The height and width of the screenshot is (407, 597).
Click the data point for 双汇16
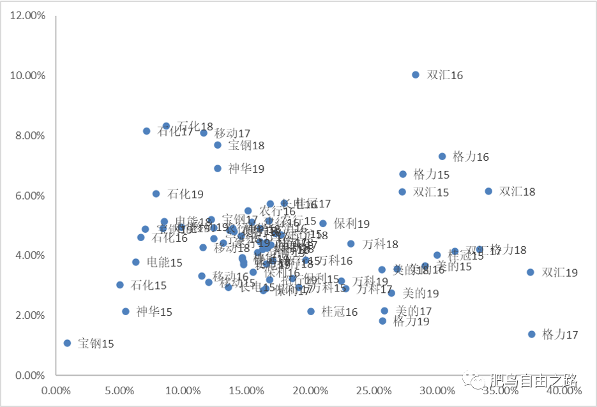click(x=416, y=75)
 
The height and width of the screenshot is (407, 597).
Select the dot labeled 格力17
click(x=532, y=334)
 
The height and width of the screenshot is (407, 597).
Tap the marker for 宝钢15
click(x=68, y=343)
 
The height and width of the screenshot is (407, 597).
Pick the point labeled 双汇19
click(x=530, y=272)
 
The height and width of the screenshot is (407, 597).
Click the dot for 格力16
click(x=442, y=156)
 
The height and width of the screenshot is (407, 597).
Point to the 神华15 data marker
click(x=126, y=312)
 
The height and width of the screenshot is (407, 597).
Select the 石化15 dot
click(x=120, y=285)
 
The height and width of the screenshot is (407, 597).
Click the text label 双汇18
click(x=517, y=191)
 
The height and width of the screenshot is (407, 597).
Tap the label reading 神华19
click(x=246, y=169)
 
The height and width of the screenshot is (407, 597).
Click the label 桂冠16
click(x=340, y=312)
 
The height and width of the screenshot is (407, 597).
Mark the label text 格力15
click(x=432, y=174)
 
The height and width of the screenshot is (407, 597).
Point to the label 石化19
click(x=185, y=194)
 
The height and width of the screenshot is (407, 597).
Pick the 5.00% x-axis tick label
click(x=119, y=390)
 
